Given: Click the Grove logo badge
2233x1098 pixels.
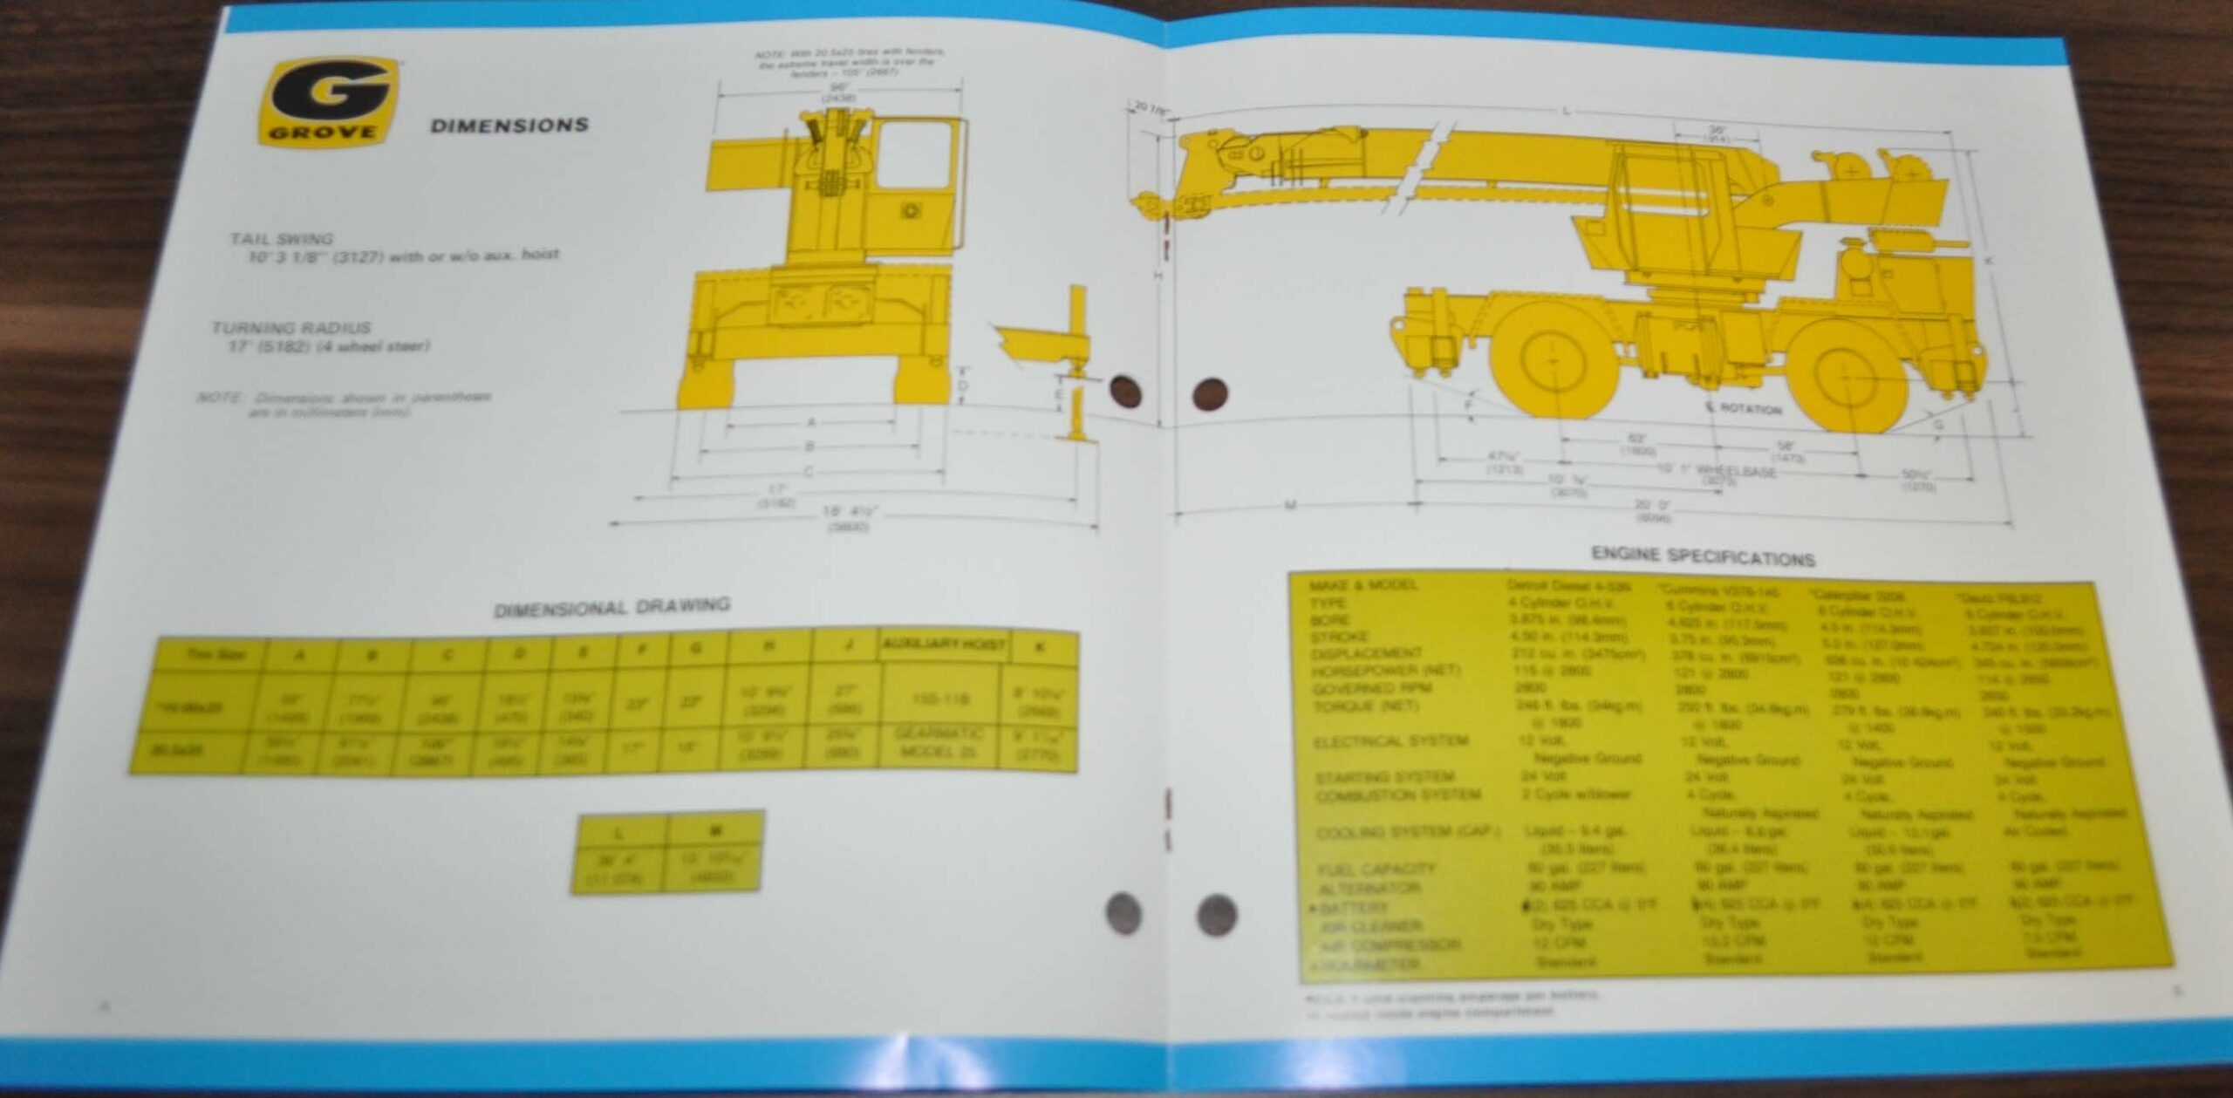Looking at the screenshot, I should point(330,103).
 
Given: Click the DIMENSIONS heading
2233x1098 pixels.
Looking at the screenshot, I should point(509,126).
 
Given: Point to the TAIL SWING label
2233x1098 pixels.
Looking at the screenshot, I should point(282,238).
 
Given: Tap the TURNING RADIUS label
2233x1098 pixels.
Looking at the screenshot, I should point(290,328).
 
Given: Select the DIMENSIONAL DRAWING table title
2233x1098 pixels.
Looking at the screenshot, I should point(612,607).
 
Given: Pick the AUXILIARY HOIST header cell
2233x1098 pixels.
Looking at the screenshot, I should point(944,644).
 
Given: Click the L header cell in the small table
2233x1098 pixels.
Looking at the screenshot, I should point(618,833).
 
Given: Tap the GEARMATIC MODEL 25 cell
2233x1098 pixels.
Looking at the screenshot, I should point(938,742).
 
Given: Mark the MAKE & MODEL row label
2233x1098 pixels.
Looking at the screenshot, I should point(1362,584).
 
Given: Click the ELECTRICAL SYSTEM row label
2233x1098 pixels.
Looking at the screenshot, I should point(1390,741).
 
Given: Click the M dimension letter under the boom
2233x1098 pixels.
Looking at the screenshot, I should point(1291,504).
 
